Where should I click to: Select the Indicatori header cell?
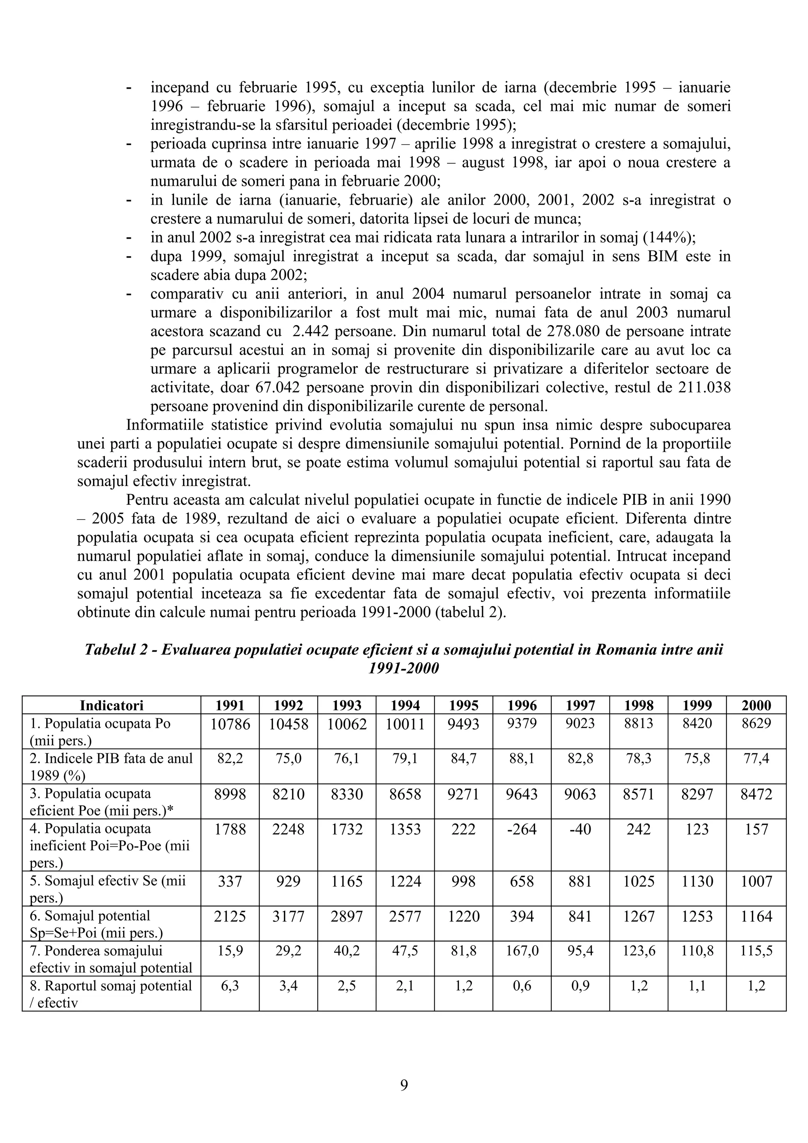(x=112, y=706)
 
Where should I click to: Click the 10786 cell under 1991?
(x=230, y=724)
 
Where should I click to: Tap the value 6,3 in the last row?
(x=230, y=986)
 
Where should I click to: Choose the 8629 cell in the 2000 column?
(x=756, y=724)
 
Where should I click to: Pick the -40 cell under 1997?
(x=580, y=829)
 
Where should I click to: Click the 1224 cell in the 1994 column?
(x=405, y=882)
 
